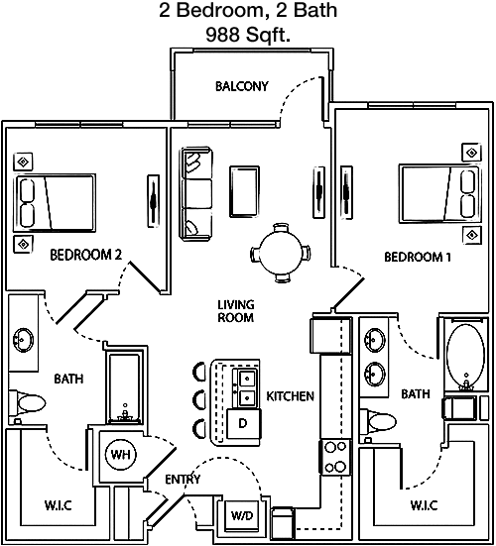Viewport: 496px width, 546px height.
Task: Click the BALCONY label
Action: (x=242, y=86)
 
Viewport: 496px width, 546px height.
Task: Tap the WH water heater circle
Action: (x=121, y=454)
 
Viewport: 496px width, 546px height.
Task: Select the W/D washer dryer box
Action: (x=242, y=515)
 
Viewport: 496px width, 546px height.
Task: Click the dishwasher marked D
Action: (x=243, y=424)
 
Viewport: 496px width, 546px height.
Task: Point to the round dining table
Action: (x=281, y=253)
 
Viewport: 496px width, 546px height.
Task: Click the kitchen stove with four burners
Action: (x=335, y=457)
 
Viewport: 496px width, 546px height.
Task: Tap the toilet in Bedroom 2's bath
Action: (x=27, y=403)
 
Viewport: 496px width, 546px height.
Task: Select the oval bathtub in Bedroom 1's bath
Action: (x=465, y=356)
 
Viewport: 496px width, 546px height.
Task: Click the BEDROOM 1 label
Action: (x=418, y=257)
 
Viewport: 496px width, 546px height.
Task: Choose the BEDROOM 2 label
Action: (x=86, y=255)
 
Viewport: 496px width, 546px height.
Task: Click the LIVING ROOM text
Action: (x=236, y=311)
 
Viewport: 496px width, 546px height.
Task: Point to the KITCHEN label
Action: (x=290, y=396)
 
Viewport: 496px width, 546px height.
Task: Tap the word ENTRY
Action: (x=183, y=480)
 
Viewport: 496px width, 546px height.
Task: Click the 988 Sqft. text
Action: (x=248, y=35)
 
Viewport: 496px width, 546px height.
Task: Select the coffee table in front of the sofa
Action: (x=244, y=191)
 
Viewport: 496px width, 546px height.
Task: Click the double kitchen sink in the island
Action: (x=246, y=387)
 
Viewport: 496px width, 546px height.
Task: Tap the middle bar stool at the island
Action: (x=199, y=399)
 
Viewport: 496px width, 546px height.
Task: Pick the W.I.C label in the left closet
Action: (x=59, y=505)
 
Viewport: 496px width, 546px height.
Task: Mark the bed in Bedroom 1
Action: (x=439, y=194)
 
